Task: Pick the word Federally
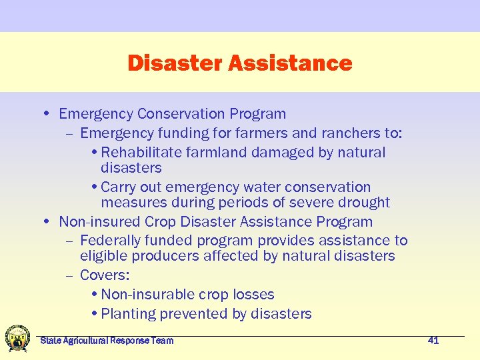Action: (x=112, y=241)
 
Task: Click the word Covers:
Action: (x=105, y=275)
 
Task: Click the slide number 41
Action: (x=433, y=341)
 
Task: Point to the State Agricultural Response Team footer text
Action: (x=107, y=341)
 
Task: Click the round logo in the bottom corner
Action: (x=17, y=338)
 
